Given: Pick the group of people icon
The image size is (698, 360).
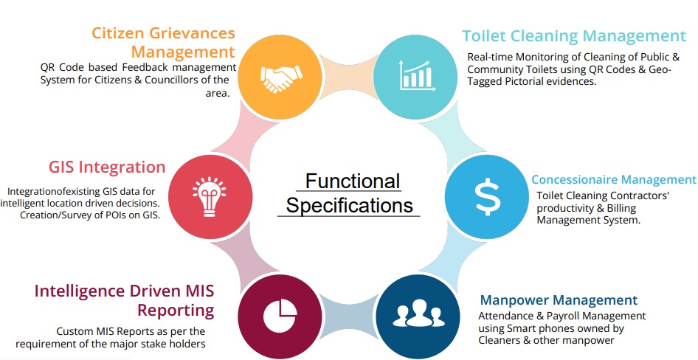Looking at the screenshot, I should (x=415, y=314).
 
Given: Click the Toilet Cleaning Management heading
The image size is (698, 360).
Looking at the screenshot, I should (x=574, y=35).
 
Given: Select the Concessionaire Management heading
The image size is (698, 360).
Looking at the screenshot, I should (x=614, y=179).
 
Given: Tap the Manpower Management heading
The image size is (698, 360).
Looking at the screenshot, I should (x=559, y=300).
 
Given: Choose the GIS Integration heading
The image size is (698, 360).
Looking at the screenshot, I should (x=107, y=167).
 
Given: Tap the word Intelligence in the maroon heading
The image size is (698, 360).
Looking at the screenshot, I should (x=84, y=290).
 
